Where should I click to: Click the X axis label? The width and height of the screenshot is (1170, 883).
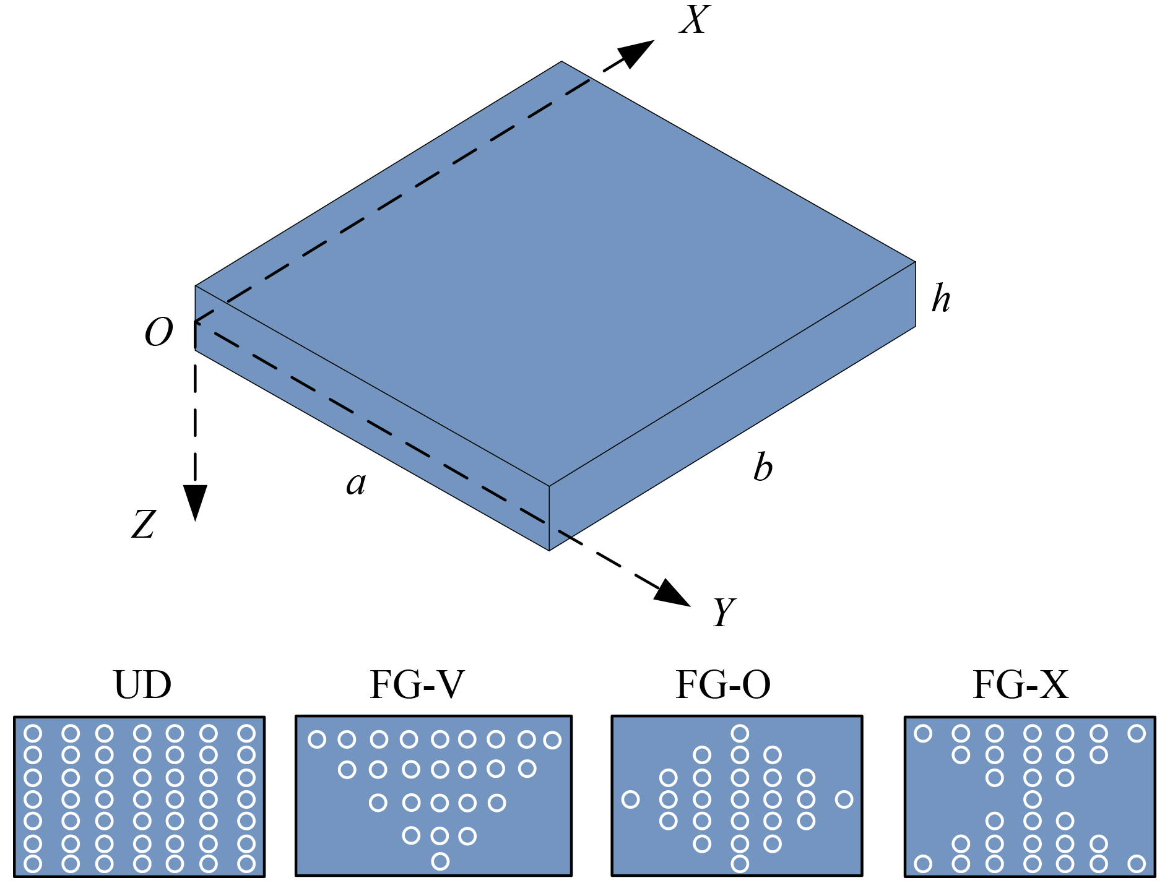click(695, 20)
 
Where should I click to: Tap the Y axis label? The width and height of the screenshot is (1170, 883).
click(723, 612)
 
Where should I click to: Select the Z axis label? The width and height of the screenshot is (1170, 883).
click(144, 524)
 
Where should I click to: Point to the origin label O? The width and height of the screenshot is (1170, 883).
click(158, 332)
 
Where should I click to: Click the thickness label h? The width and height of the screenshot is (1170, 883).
click(941, 299)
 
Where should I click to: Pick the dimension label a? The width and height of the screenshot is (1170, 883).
click(356, 484)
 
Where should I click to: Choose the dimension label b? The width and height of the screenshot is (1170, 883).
click(763, 467)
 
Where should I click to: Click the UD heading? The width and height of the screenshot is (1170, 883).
click(142, 685)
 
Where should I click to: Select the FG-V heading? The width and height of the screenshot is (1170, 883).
click(417, 685)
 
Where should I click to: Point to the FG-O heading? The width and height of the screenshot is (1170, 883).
click(723, 685)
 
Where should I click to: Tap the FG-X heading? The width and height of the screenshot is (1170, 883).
click(1020, 685)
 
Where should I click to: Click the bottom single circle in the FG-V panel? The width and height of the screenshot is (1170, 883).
click(440, 861)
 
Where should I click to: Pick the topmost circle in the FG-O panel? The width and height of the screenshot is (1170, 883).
click(740, 733)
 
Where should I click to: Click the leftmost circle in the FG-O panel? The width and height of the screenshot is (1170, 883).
click(630, 799)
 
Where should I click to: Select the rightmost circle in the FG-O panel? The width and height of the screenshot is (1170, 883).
click(844, 799)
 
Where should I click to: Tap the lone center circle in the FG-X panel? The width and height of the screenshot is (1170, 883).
click(1032, 799)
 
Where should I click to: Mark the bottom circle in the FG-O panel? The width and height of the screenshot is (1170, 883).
click(740, 863)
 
